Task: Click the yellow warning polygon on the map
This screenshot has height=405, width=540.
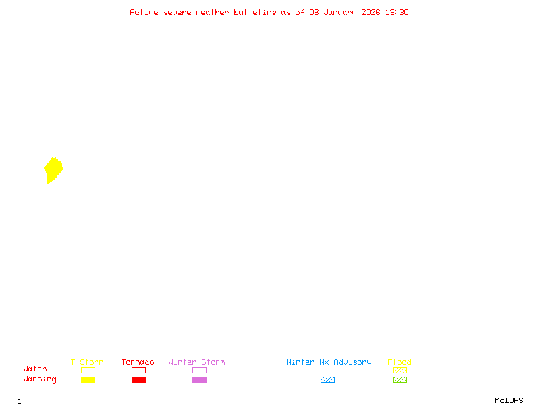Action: click(x=53, y=169)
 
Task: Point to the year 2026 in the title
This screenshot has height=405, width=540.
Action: click(x=371, y=12)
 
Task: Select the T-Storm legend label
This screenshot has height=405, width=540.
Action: click(x=87, y=362)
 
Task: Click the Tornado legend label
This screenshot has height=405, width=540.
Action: click(x=138, y=362)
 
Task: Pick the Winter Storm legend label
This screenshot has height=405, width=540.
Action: click(x=196, y=362)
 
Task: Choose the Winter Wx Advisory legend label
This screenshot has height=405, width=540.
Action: click(x=329, y=362)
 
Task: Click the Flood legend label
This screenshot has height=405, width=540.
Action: click(x=400, y=362)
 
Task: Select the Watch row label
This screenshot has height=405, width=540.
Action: click(x=35, y=369)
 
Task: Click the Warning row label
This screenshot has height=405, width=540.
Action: click(x=40, y=379)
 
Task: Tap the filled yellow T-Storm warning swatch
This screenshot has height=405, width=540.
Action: click(x=88, y=380)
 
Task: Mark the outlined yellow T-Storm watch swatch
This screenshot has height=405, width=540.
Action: click(x=88, y=370)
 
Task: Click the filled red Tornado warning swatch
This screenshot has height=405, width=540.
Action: click(x=138, y=380)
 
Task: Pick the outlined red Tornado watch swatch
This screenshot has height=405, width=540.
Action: click(x=138, y=370)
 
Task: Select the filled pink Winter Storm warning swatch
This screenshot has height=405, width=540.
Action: click(x=199, y=380)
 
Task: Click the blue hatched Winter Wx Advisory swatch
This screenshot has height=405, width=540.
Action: click(x=327, y=380)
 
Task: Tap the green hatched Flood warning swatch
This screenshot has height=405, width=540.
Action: click(x=400, y=380)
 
